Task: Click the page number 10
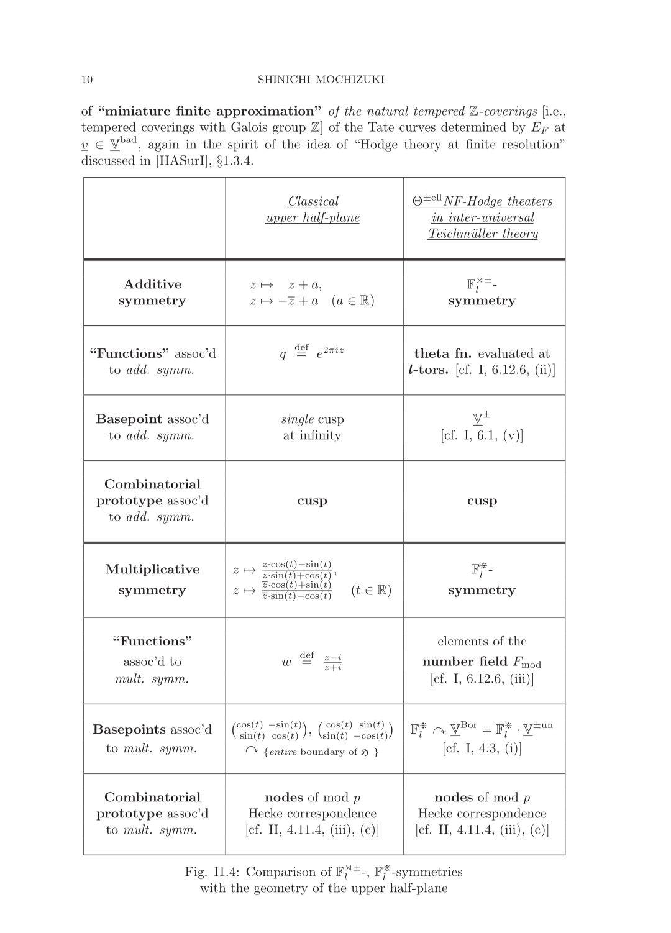(x=87, y=80)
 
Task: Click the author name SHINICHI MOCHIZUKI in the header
(x=321, y=80)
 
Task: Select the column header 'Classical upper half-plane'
(x=313, y=209)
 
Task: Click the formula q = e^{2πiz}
(x=312, y=352)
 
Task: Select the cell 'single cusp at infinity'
(x=312, y=427)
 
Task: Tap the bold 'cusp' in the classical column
(x=312, y=501)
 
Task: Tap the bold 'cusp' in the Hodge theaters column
(x=482, y=501)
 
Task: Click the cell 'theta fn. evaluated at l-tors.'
(x=482, y=362)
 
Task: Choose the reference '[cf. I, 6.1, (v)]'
(x=482, y=435)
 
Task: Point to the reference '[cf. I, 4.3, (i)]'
(x=482, y=748)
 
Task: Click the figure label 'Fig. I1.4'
(x=211, y=872)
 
